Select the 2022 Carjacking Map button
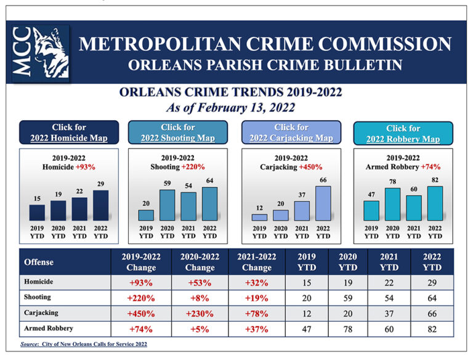291,133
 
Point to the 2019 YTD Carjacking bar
260,217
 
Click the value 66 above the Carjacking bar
323,179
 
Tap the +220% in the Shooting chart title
193,166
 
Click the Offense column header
39,262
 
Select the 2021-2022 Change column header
257,262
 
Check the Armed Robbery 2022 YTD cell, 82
432,329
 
